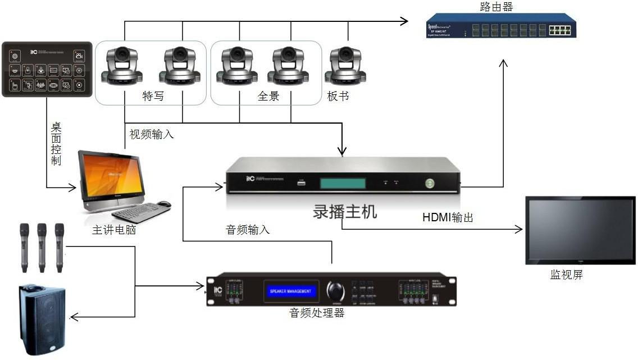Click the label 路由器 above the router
pos(496,7)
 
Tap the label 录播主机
pos(345,212)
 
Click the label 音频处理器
pos(316,313)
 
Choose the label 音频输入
pos(248,230)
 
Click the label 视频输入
pos(152,134)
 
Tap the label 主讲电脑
pos(114,230)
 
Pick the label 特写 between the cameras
pos(153,96)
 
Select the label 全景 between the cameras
pos(268,96)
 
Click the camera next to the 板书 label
pos(347,65)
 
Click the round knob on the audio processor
pos(336,291)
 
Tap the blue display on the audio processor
pos(290,291)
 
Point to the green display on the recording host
pos(343,183)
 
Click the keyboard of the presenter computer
pos(140,212)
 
